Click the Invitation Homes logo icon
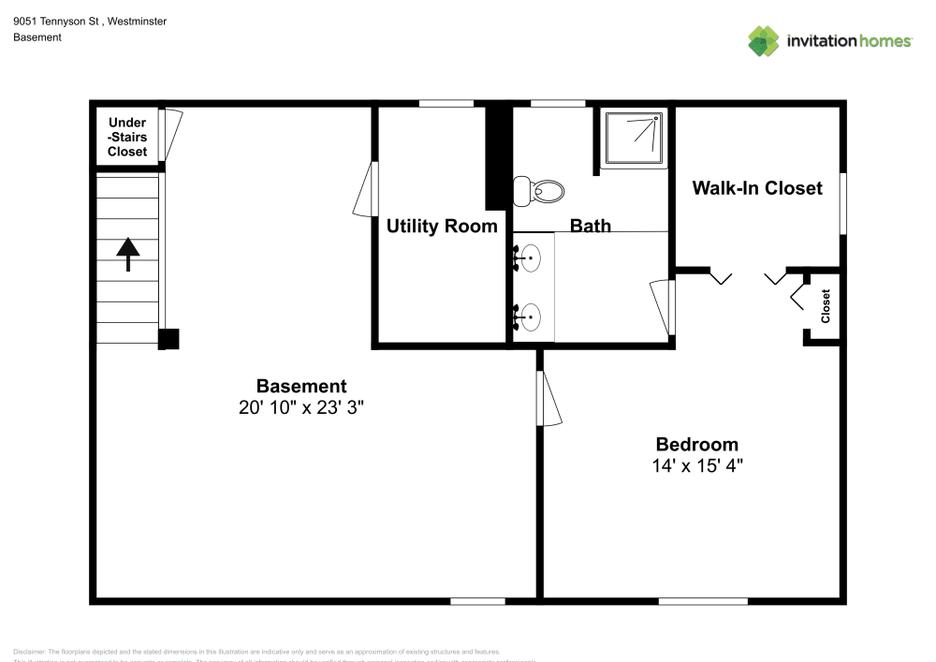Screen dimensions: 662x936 [x=764, y=40]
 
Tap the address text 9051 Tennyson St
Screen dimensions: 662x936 [x=57, y=21]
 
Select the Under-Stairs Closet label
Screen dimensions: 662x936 [x=127, y=137]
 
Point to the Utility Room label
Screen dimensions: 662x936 [x=442, y=226]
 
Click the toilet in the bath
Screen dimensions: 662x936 [x=542, y=191]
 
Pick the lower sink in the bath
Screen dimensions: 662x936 [x=529, y=316]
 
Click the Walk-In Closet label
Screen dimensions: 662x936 [x=756, y=188]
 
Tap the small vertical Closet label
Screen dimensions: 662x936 [x=826, y=306]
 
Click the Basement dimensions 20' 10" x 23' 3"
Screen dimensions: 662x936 [x=301, y=407]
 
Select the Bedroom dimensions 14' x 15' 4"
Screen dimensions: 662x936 [x=696, y=465]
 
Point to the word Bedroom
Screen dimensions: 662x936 [x=696, y=445]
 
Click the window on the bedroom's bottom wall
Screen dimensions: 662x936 [x=702, y=600]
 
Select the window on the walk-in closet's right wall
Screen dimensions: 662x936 [x=842, y=203]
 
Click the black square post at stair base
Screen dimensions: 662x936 [x=168, y=339]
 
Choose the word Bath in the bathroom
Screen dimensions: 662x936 [x=591, y=226]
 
